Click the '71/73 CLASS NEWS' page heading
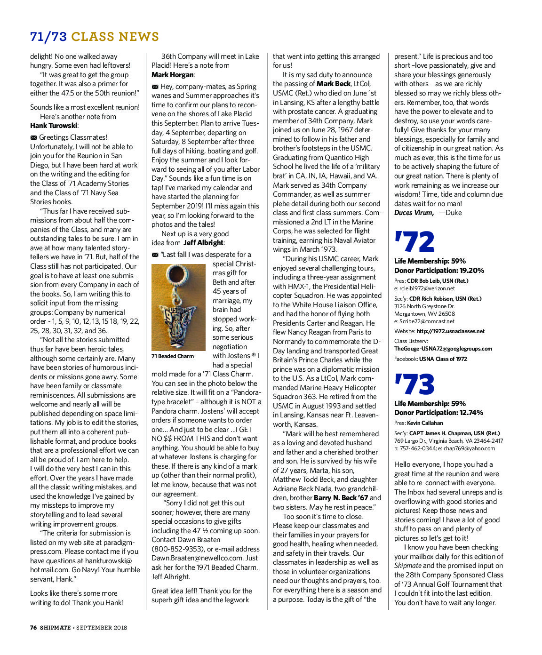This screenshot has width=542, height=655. tap(95, 37)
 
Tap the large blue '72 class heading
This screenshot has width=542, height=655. tap(414, 242)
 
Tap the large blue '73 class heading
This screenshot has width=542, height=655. tap(414, 384)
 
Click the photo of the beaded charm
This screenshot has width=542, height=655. tap(178, 307)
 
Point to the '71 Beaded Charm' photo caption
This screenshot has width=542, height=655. tap(173, 356)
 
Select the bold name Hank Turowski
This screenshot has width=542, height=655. tap(54, 126)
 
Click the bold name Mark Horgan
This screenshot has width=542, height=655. tap(172, 75)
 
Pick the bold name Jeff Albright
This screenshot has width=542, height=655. tap(203, 243)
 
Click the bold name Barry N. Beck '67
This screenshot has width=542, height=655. tap(341, 498)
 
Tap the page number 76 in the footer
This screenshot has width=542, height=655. tap(33, 627)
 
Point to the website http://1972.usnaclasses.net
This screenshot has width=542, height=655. tap(450, 331)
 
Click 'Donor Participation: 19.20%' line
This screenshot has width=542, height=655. tap(439, 271)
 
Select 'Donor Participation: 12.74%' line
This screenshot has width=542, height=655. tap(438, 413)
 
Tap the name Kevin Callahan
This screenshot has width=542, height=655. tap(425, 423)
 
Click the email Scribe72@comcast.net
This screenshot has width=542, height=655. tap(427, 321)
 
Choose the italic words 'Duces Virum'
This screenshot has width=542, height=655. tap(413, 213)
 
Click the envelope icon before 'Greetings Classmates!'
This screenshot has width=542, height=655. tap(33, 137)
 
